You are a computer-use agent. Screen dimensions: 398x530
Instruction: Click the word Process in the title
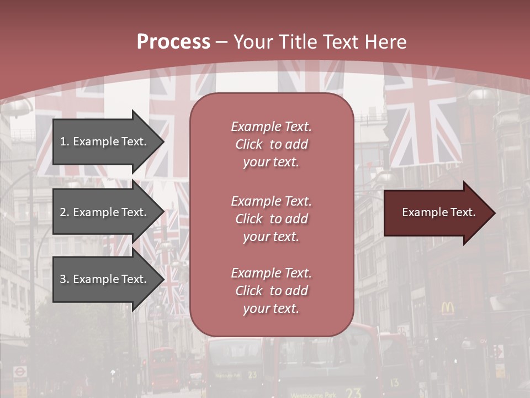point(173,42)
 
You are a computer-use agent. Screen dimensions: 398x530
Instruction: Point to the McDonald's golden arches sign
point(448,308)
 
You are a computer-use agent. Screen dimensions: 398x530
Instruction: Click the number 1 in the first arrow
point(63,142)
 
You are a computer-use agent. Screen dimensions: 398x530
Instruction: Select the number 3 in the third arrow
point(63,279)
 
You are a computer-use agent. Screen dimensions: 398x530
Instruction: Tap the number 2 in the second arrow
point(63,212)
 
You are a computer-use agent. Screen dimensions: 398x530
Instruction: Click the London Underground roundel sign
point(20,371)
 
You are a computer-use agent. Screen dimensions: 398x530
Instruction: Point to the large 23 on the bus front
point(353,393)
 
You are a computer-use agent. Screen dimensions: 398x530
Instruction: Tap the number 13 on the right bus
point(394,382)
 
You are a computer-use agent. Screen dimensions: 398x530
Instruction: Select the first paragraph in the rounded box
point(271,144)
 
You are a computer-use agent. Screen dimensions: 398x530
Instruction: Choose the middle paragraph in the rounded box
point(271,219)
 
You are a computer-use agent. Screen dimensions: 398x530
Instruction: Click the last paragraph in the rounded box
point(271,291)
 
